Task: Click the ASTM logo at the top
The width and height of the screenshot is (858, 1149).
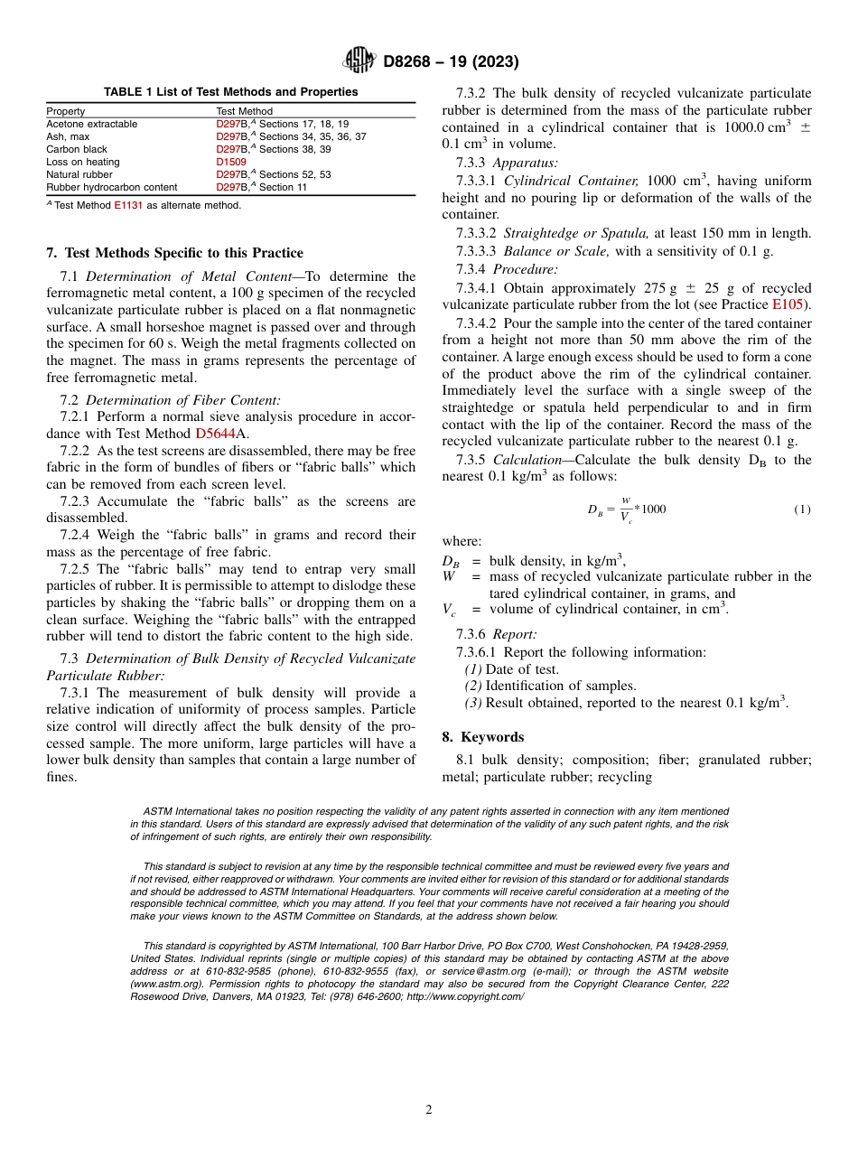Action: tap(359, 61)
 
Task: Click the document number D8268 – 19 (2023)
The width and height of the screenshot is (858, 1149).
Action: tap(450, 62)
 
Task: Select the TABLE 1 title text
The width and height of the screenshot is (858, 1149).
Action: tap(230, 92)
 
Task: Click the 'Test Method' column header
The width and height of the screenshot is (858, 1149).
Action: tap(244, 111)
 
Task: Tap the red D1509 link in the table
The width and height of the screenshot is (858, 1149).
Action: tap(230, 162)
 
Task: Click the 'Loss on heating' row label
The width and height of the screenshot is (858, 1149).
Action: tap(83, 162)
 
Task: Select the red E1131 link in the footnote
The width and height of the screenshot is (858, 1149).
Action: tap(126, 205)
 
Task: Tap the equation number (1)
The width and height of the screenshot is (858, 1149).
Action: tap(802, 509)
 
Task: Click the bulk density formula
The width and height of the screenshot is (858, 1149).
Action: tap(627, 509)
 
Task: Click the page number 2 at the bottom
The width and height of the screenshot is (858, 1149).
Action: tap(429, 1110)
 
